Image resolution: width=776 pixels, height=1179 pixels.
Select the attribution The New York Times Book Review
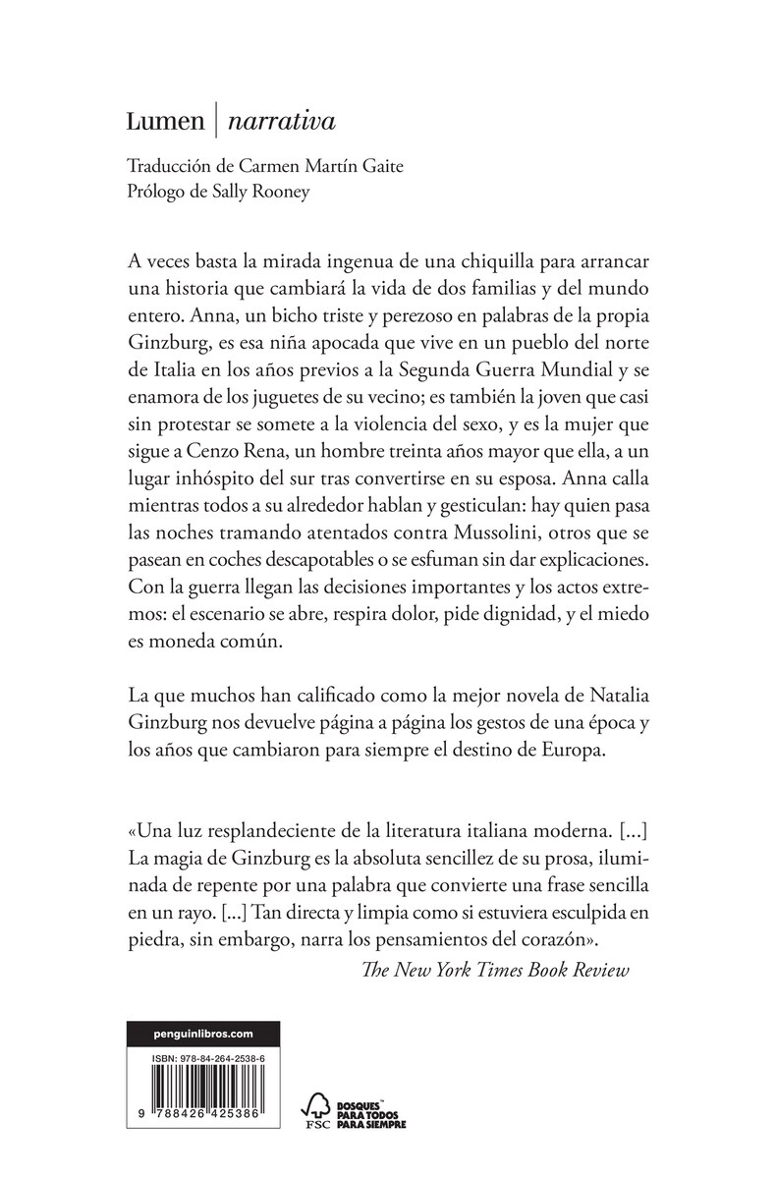(x=494, y=971)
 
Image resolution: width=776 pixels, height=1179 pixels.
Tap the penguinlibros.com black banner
(x=205, y=1033)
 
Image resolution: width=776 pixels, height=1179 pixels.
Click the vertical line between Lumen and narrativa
(x=215, y=122)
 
